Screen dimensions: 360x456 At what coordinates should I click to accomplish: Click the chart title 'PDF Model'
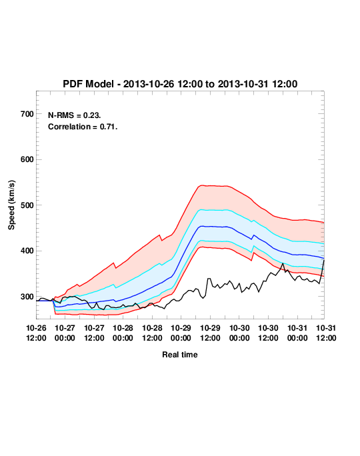pyautogui.click(x=88, y=84)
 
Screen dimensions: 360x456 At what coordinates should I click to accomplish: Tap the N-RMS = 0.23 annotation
pyautogui.click(x=75, y=115)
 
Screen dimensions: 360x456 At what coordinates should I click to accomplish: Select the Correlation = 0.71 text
pyautogui.click(x=83, y=127)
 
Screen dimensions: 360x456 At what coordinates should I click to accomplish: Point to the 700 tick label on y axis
pyautogui.click(x=27, y=114)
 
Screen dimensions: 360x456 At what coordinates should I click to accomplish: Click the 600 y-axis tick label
pyautogui.click(x=27, y=159)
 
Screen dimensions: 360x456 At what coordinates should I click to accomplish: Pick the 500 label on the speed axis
pyautogui.click(x=27, y=205)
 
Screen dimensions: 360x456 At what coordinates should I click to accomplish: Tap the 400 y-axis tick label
pyautogui.click(x=27, y=251)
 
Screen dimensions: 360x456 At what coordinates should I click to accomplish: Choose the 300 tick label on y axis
pyautogui.click(x=27, y=297)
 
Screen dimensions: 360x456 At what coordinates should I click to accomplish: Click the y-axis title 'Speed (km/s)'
pyautogui.click(x=11, y=205)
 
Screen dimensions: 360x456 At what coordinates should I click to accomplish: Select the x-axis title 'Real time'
pyautogui.click(x=180, y=355)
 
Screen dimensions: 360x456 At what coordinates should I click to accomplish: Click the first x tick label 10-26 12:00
pyautogui.click(x=36, y=333)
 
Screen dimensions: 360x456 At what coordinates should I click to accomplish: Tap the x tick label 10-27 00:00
pyautogui.click(x=65, y=333)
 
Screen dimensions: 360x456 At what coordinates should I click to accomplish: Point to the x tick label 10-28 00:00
pyautogui.click(x=123, y=333)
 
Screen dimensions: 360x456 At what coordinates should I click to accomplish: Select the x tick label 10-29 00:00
pyautogui.click(x=181, y=333)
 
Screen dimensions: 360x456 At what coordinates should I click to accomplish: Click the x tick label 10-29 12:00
pyautogui.click(x=210, y=333)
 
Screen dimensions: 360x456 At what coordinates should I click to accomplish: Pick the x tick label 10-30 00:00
pyautogui.click(x=239, y=333)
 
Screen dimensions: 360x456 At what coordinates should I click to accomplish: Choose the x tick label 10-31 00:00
pyautogui.click(x=297, y=333)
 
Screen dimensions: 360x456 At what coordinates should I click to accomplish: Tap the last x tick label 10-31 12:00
pyautogui.click(x=326, y=333)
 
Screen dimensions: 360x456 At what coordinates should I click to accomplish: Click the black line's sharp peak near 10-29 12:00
pyautogui.click(x=209, y=279)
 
